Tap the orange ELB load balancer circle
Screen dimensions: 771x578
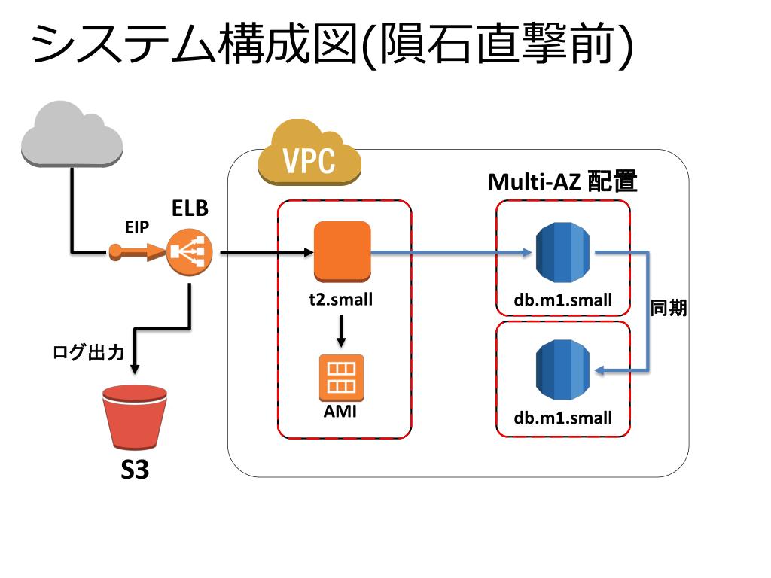click(189, 252)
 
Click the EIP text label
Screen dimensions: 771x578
click(137, 227)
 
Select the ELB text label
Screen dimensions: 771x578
click(190, 208)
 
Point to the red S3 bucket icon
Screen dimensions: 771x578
click(134, 417)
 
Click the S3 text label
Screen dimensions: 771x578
click(135, 470)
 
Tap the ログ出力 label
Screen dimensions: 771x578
click(89, 352)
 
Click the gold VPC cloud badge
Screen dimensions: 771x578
click(309, 153)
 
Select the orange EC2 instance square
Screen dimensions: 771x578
click(343, 251)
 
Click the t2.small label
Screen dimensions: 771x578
click(341, 299)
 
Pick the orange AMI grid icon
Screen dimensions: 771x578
click(341, 378)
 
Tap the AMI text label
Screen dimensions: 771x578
click(340, 411)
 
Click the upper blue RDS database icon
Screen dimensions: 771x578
click(562, 252)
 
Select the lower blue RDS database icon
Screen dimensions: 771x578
click(562, 370)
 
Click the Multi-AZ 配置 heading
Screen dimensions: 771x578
click(562, 181)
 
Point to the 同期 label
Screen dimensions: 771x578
click(669, 308)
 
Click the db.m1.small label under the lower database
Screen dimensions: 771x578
click(563, 418)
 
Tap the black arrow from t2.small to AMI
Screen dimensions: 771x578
click(341, 331)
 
